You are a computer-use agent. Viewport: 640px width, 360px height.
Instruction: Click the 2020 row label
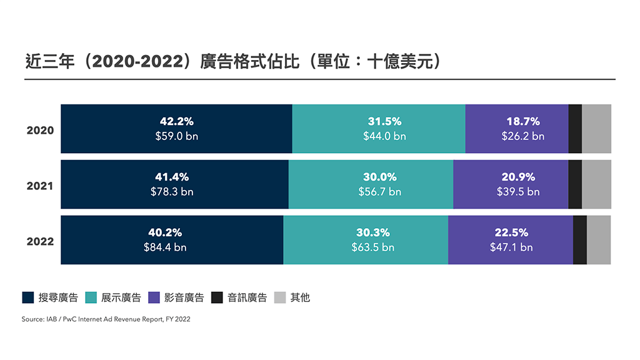40,131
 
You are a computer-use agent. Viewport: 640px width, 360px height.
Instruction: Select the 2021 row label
40,186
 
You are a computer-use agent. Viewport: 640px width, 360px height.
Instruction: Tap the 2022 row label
40,242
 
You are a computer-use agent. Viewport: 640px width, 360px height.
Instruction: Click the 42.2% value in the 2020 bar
177,122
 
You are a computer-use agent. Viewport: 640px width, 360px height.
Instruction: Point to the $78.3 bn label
172,192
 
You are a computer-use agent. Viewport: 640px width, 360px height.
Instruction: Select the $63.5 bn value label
373,247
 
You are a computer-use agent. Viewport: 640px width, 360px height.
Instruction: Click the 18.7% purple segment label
522,122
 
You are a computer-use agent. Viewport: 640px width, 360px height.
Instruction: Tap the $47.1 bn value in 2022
511,247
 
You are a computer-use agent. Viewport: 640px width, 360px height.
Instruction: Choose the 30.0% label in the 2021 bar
380,177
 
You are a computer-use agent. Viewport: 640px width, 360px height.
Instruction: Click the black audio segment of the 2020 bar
575,129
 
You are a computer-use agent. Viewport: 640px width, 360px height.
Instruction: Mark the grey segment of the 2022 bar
599,240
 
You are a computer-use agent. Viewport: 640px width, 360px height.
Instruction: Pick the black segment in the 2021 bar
575,184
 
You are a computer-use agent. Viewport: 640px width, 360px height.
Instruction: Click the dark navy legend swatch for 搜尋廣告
28,297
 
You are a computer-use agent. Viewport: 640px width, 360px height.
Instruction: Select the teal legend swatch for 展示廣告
91,297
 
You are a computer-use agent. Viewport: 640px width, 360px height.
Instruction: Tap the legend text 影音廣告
184,297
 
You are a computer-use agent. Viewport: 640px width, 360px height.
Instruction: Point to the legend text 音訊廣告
247,297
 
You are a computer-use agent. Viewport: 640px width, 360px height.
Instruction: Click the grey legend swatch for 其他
279,297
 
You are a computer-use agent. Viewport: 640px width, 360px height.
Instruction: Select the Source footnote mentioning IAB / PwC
106,319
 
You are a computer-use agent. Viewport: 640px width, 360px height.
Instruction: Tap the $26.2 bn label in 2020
522,136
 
